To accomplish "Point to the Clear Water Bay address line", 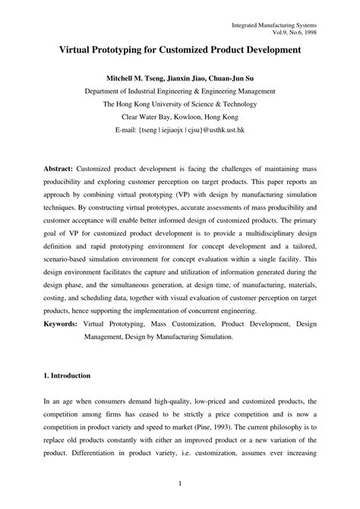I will tap(180, 119).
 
